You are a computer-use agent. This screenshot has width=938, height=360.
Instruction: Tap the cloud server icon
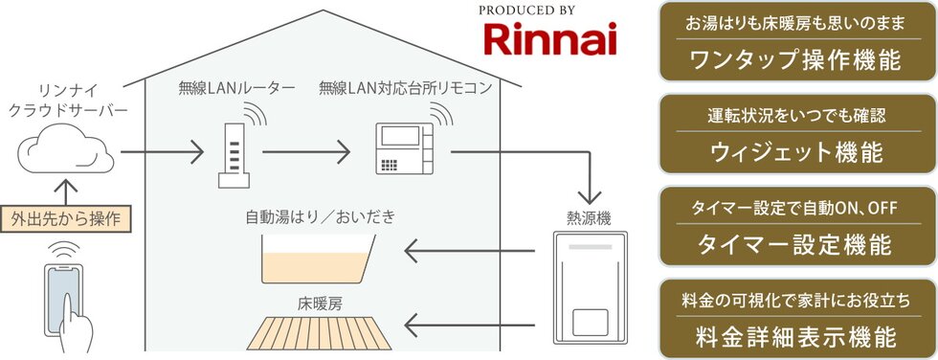(63, 151)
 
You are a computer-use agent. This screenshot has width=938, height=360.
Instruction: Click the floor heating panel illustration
(320, 331)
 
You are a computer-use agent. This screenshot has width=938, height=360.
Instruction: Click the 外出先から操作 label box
(64, 219)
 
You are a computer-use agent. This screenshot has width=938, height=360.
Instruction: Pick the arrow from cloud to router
(163, 151)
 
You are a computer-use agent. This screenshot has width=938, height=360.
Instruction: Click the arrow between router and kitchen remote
(305, 151)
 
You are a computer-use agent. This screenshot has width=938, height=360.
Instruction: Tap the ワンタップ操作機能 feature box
(796, 44)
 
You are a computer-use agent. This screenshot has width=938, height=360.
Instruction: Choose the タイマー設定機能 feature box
(796, 227)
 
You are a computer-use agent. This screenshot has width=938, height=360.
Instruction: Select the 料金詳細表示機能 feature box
(796, 319)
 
